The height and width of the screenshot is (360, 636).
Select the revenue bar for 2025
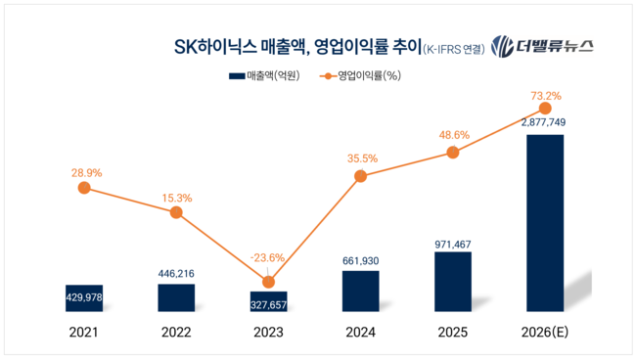coord(452,283)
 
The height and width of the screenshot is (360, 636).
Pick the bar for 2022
coord(176,298)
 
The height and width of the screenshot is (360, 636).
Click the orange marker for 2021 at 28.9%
coord(84,188)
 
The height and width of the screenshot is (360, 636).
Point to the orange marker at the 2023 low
coord(268,282)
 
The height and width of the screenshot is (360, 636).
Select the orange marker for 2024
coord(360,176)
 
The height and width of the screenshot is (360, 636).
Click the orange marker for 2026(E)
coord(545,109)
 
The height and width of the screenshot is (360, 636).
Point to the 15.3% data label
coord(176,198)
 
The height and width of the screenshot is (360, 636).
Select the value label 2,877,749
coord(545,123)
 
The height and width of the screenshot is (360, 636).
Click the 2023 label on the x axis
coord(268,333)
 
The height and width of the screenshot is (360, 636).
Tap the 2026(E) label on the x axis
coord(545,333)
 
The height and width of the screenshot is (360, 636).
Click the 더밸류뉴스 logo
coord(542,46)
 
